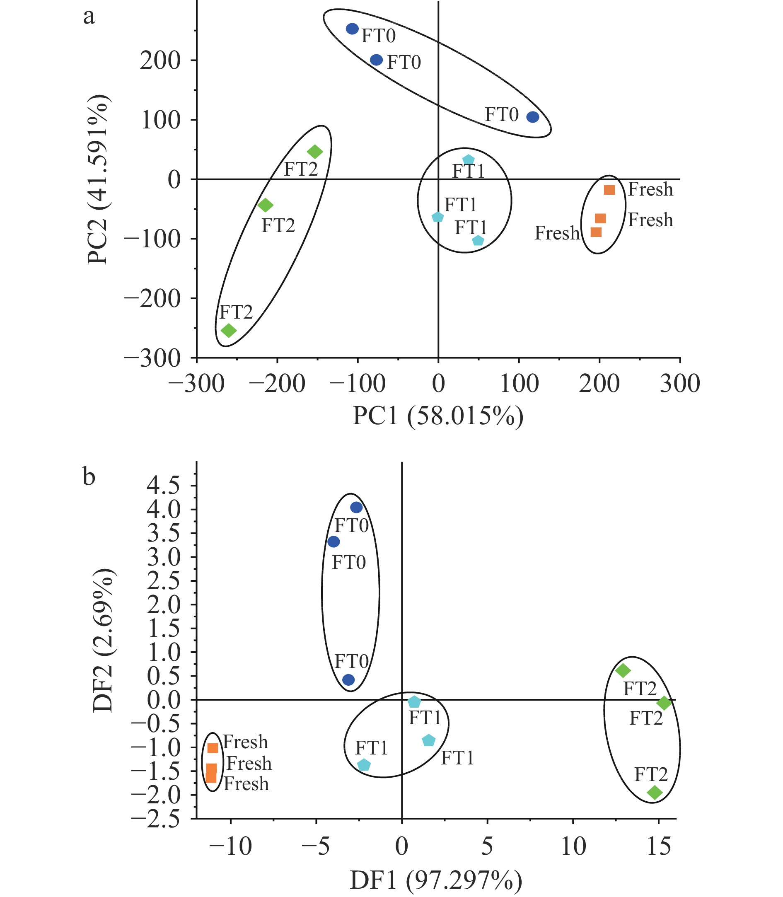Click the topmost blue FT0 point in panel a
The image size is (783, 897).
[352, 29]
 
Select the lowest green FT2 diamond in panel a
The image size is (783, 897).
[229, 330]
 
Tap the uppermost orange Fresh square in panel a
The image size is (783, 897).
[609, 190]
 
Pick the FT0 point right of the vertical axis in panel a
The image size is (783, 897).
[533, 117]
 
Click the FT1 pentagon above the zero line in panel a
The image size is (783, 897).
[469, 160]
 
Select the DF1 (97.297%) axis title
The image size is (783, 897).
[436, 880]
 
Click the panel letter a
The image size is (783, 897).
[89, 17]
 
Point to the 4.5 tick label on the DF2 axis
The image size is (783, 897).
[163, 486]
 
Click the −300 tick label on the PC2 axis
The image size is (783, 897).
[152, 358]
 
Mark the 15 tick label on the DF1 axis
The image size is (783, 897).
[658, 846]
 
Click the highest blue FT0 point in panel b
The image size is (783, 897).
[357, 507]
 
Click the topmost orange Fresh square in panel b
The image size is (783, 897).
[213, 748]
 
